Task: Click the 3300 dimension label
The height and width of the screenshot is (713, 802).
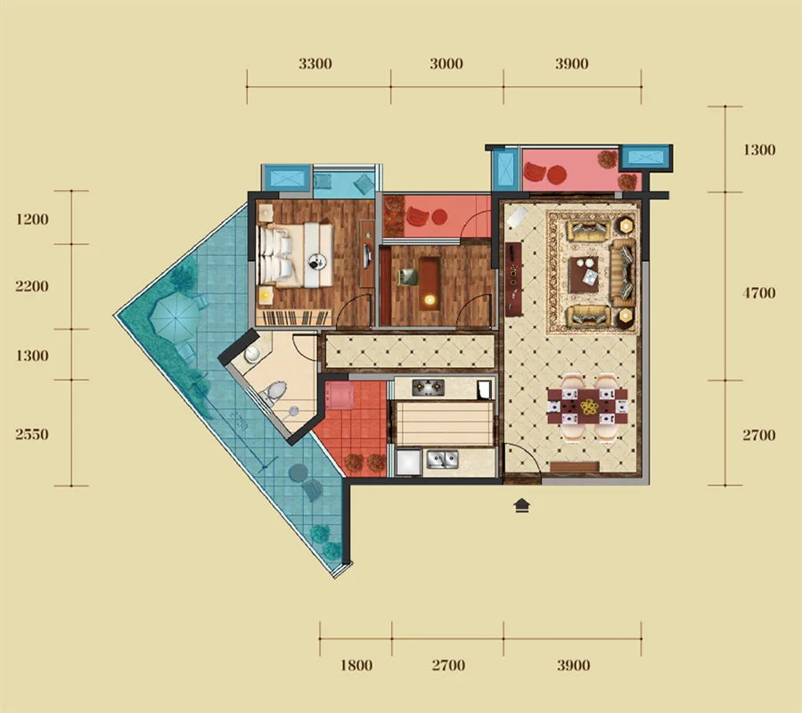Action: (x=315, y=64)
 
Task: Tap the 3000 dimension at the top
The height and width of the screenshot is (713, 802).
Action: (x=446, y=64)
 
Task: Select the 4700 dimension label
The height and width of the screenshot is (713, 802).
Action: (x=759, y=293)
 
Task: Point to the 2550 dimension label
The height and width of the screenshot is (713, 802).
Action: (x=32, y=435)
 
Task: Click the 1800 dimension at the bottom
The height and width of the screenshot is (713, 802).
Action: (x=356, y=666)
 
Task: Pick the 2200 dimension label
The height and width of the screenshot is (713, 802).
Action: (x=32, y=286)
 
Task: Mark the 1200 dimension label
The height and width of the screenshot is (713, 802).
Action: (x=32, y=219)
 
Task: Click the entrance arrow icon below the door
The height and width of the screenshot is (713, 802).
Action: (x=521, y=505)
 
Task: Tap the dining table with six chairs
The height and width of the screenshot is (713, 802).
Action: (x=587, y=406)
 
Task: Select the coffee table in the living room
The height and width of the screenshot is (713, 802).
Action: (x=584, y=275)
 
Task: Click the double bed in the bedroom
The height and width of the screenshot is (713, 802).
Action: (x=296, y=254)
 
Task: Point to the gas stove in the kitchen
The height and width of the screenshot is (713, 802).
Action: (x=428, y=388)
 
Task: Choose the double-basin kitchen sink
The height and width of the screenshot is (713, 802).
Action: (x=442, y=459)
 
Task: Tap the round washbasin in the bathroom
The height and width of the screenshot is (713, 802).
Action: (x=252, y=354)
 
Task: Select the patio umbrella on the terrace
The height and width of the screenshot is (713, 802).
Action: (x=175, y=316)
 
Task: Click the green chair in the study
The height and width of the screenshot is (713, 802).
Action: (x=408, y=276)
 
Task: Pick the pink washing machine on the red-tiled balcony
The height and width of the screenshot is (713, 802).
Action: (x=339, y=396)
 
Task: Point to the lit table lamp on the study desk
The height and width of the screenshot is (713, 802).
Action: (x=429, y=299)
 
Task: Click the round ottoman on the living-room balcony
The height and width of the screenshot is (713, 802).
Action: (x=557, y=175)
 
